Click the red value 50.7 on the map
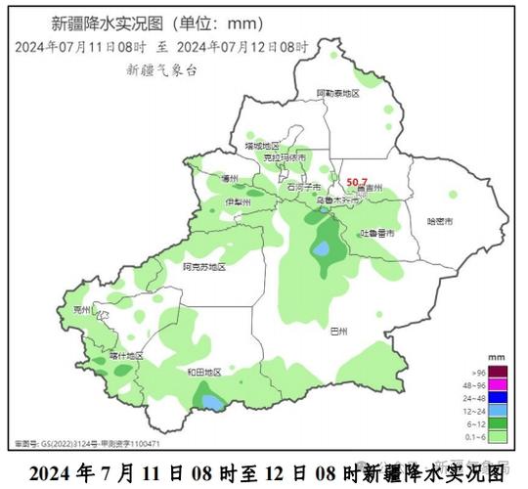pyautogui.click(x=357, y=182)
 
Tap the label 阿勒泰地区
pyautogui.click(x=337, y=93)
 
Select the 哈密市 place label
pyautogui.click(x=441, y=222)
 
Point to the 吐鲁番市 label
pyautogui.click(x=377, y=233)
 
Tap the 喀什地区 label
pyautogui.click(x=127, y=355)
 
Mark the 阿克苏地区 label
pyautogui.click(x=204, y=266)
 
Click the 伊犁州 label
pyautogui.click(x=238, y=201)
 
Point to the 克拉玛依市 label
pyautogui.click(x=285, y=157)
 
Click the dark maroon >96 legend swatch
pyautogui.click(x=498, y=371)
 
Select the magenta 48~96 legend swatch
pyautogui.click(x=498, y=384)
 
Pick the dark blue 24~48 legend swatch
pyautogui.click(x=498, y=398)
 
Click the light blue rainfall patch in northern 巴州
pyautogui.click(x=321, y=249)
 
